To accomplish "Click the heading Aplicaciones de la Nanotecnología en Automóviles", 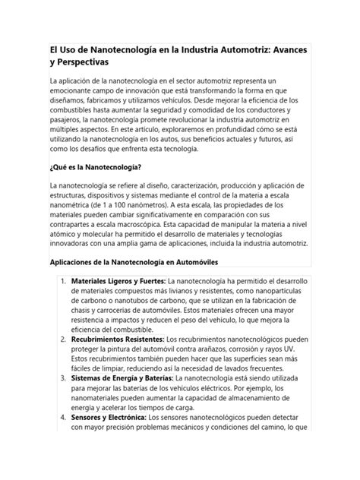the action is tap(134, 262).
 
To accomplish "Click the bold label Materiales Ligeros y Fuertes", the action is tap(116, 282).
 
